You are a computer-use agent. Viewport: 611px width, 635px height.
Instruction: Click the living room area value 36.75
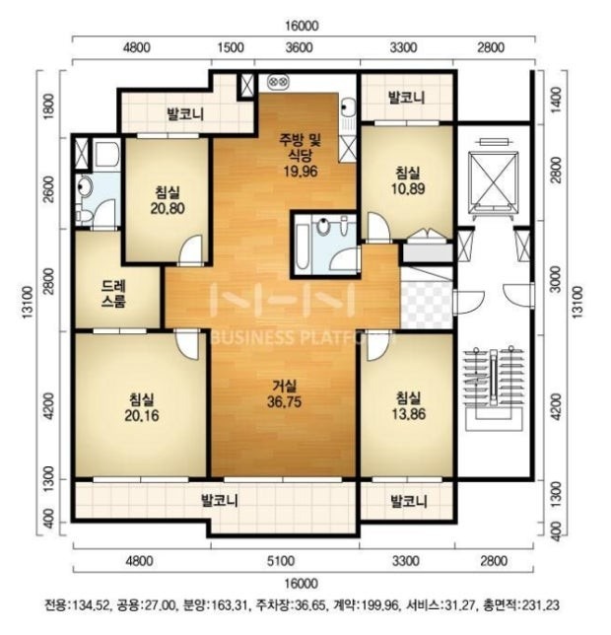[x=284, y=401]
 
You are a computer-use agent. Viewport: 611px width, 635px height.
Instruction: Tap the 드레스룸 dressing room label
[x=114, y=294]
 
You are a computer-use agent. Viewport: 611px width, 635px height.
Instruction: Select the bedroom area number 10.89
[x=408, y=188]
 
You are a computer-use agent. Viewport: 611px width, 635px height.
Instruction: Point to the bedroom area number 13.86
[x=409, y=414]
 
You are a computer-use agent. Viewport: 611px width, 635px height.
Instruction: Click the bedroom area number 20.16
[x=142, y=415]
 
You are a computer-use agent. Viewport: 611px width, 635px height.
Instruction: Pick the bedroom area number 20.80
[x=168, y=208]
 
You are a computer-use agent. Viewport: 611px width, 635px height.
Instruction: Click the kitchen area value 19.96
[x=301, y=172]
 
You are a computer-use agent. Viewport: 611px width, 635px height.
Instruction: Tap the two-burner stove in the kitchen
[x=278, y=82]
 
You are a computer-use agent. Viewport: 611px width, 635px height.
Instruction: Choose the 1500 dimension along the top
[x=231, y=47]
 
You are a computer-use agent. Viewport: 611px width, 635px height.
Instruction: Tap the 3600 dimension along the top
[x=299, y=47]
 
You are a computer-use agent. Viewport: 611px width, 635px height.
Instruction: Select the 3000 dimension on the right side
[x=557, y=279]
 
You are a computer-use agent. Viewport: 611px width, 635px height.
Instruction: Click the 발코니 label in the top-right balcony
[x=406, y=98]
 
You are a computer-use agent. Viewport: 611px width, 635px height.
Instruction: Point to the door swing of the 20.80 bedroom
[x=190, y=250]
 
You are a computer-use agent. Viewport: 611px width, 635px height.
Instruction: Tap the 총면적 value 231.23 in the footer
[x=540, y=605]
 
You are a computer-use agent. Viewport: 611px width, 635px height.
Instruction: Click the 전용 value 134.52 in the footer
[x=90, y=605]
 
